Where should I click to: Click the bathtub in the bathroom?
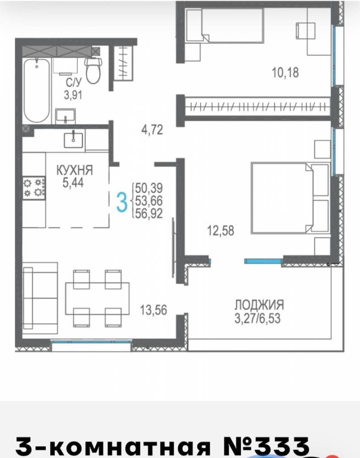(37, 90)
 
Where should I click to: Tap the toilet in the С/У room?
(93, 71)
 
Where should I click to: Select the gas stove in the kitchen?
(34, 188)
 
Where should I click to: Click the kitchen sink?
(73, 140)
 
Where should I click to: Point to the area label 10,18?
(285, 72)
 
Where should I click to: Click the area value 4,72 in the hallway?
(152, 130)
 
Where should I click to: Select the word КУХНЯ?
(75, 170)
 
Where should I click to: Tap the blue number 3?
(122, 202)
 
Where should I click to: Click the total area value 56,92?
(149, 213)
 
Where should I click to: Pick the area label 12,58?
(221, 230)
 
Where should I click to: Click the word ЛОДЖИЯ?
(259, 305)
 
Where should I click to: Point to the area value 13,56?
(153, 310)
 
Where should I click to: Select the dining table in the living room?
(97, 298)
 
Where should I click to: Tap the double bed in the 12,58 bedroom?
(290, 198)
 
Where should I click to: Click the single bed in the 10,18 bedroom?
(225, 25)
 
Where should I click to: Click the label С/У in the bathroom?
(73, 82)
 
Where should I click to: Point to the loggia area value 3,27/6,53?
(257, 318)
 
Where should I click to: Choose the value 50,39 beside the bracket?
(149, 188)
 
